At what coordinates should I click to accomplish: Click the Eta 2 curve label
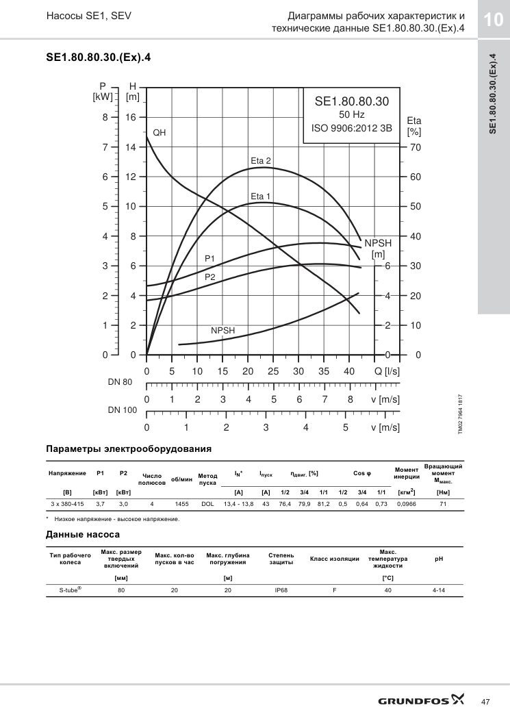[x=261, y=161]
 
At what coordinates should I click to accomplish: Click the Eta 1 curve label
[x=260, y=197]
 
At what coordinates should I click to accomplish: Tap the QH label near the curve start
[x=159, y=133]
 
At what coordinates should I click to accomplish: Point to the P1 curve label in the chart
[x=209, y=259]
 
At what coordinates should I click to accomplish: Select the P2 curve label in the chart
[x=209, y=277]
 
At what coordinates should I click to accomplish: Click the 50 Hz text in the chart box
[x=352, y=115]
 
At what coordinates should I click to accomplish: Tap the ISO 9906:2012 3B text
[x=352, y=128]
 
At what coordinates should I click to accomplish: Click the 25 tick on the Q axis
[x=273, y=372]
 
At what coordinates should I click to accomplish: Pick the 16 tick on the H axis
[x=131, y=118]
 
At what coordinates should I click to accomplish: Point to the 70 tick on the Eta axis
[x=416, y=148]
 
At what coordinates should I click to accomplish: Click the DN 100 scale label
[x=123, y=410]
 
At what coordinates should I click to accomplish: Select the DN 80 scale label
[x=120, y=382]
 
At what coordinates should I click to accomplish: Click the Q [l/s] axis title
[x=387, y=372]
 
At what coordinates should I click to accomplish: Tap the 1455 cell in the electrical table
[x=181, y=504]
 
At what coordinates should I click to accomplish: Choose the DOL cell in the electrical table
[x=207, y=504]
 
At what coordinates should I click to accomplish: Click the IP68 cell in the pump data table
[x=281, y=590]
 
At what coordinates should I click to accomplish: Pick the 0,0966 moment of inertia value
[x=407, y=504]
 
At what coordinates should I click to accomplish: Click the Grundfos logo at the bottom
[x=421, y=700]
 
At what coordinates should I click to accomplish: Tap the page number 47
[x=485, y=702]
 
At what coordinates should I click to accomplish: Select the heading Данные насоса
[x=83, y=534]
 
